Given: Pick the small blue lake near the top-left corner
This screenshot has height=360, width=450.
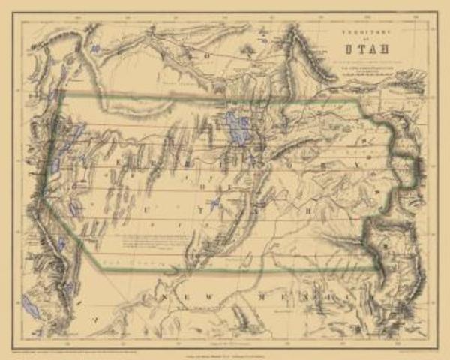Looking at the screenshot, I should (x=94, y=49).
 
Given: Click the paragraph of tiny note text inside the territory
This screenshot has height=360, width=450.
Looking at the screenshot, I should (x=153, y=245).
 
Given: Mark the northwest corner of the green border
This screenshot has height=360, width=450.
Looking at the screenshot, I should (x=62, y=96).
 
